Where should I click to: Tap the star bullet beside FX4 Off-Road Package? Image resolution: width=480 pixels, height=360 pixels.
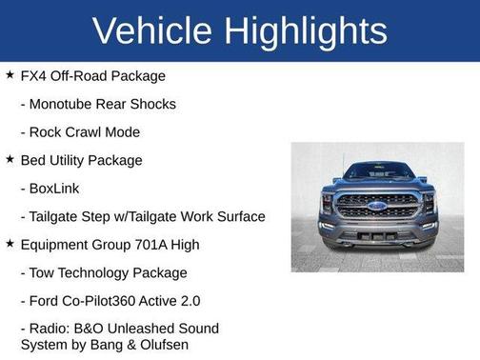pyautogui.click(x=10, y=74)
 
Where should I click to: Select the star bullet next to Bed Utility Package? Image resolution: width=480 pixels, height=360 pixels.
pyautogui.click(x=10, y=159)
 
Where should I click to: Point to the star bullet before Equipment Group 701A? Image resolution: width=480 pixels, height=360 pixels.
pyautogui.click(x=10, y=244)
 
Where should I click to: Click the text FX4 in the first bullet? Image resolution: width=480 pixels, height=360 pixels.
pyautogui.click(x=33, y=75)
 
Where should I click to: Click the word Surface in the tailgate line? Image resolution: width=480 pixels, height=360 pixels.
pyautogui.click(x=239, y=217)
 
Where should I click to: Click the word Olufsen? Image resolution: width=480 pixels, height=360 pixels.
pyautogui.click(x=162, y=345)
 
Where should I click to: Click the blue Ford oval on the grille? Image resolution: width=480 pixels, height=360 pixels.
pyautogui.click(x=377, y=205)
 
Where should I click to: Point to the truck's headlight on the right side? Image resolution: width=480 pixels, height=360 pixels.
pyautogui.click(x=429, y=202)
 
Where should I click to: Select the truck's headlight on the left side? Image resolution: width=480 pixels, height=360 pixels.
pyautogui.click(x=327, y=202)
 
